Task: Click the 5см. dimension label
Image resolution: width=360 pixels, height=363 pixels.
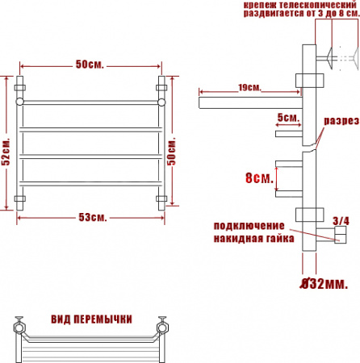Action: click(287, 117)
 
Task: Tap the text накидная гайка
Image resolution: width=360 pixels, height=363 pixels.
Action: click(249, 238)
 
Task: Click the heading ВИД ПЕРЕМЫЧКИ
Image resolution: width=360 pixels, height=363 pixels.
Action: click(91, 319)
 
